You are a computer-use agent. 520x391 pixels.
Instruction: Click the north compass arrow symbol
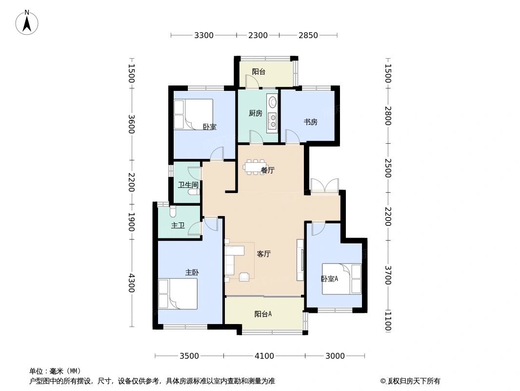point(27,22)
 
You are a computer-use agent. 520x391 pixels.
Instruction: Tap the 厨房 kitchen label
point(255,113)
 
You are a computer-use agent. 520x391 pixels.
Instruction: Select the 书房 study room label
point(311,122)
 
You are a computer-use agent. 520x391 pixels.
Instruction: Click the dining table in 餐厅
point(254,167)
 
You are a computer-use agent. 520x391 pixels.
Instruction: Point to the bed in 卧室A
point(341,279)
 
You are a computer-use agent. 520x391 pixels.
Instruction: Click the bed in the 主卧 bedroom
point(178,294)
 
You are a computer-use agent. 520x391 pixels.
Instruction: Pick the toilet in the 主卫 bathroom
point(173,211)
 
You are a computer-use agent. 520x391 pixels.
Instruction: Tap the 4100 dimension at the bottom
point(264,356)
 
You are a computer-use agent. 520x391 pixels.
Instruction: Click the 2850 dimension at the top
point(308,35)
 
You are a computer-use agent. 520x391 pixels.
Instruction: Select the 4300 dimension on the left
point(131,282)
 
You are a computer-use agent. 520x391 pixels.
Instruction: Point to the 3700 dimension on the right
point(388,275)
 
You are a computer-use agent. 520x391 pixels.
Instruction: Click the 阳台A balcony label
point(263,314)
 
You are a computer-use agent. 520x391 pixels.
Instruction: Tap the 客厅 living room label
point(264,254)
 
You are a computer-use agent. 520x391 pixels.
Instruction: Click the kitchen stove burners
point(272,120)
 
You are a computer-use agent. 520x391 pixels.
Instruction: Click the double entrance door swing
point(324,186)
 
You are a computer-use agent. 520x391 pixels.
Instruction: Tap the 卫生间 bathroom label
point(188,185)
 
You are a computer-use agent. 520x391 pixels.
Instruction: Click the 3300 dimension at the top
point(204,35)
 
